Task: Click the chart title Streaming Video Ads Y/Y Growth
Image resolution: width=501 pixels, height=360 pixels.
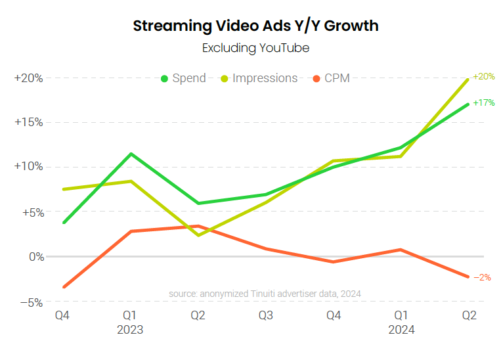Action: pos(255,26)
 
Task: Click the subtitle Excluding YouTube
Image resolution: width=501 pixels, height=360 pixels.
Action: pos(255,48)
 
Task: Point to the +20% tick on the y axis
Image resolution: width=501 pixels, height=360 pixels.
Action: pos(29,78)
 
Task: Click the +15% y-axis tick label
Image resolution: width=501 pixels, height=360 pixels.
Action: pos(29,122)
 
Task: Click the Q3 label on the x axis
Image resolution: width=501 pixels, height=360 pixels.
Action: pos(266,316)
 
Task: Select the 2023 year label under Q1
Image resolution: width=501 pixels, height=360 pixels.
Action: pos(130,330)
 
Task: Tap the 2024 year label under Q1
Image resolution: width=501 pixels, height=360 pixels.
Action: pos(401,330)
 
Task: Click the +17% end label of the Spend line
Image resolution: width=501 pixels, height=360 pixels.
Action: pos(484,103)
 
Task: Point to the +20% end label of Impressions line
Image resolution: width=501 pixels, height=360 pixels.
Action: pos(484,76)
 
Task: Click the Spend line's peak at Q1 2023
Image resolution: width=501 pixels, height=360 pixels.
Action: pos(131,154)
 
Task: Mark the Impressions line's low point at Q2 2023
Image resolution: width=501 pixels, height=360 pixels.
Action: pos(198,235)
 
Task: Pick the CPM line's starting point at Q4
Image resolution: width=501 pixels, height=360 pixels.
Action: pos(64,287)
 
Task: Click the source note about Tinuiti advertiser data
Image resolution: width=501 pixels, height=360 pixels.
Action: pos(265,294)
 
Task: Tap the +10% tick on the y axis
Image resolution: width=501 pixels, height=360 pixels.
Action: pos(29,166)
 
